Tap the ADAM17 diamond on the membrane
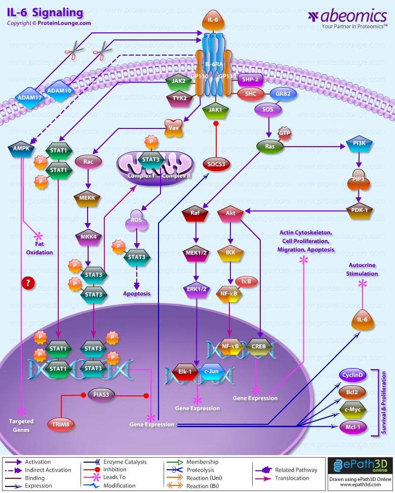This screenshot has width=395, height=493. point(29,97)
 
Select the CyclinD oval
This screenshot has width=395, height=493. point(352,375)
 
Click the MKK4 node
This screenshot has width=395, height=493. point(88,236)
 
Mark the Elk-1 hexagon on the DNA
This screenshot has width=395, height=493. point(185,372)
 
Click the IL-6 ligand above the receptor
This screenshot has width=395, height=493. point(213,21)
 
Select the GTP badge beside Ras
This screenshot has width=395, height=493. point(284,132)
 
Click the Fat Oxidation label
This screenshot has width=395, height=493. point(40,248)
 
